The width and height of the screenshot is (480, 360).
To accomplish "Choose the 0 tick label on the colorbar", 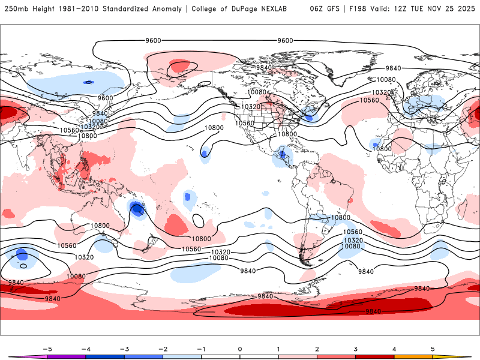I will coord(240,349).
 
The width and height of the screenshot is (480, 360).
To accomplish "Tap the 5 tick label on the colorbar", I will coord(433,349).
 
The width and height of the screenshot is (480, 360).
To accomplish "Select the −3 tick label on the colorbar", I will coord(124,349).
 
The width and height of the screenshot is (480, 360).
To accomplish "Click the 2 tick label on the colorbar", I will coord(317,349).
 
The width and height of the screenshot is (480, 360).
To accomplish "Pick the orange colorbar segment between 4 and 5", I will coord(413,356).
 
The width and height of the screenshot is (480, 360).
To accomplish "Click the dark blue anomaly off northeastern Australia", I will coord(137,209).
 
